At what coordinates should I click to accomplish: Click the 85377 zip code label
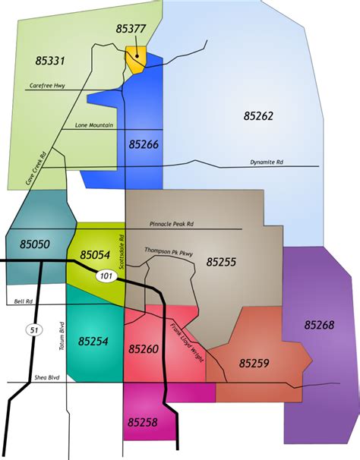(x=131, y=29)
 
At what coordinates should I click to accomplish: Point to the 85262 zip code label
(x=258, y=116)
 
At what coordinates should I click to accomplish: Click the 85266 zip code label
(x=144, y=143)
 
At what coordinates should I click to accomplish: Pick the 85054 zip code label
(x=95, y=254)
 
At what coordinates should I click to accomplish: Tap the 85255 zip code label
(x=221, y=262)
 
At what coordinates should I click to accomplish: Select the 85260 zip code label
(x=144, y=349)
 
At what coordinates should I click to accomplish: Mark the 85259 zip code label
(x=254, y=364)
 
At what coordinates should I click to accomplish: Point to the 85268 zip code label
(x=319, y=324)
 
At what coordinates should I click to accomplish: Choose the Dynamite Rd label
(x=267, y=162)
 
